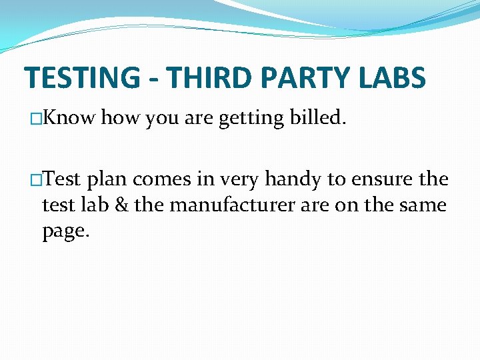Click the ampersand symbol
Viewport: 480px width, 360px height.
pyautogui.click(x=121, y=205)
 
